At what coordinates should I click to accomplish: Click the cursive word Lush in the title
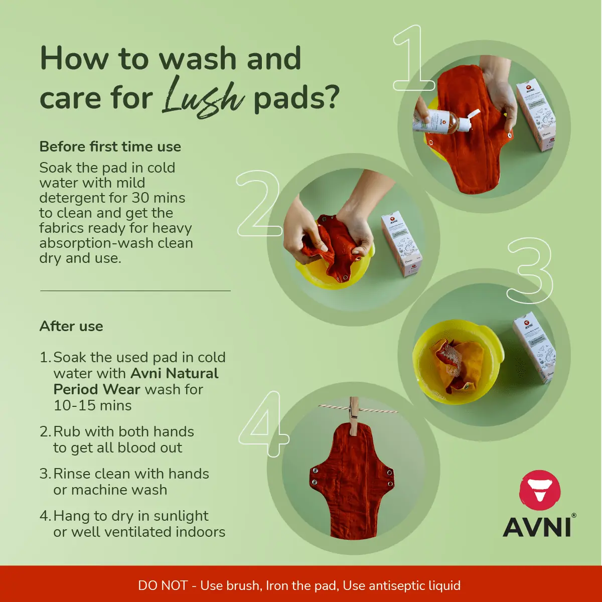(x=203, y=96)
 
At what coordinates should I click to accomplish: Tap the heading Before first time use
(x=110, y=146)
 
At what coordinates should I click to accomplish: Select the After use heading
(x=71, y=326)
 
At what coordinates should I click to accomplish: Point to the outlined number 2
(x=258, y=204)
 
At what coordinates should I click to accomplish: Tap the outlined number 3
(x=529, y=271)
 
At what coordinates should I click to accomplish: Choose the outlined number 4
(x=263, y=424)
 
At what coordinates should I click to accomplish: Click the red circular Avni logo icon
(x=539, y=490)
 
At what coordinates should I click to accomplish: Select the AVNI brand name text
(x=537, y=526)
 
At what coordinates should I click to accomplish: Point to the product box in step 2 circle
(x=401, y=243)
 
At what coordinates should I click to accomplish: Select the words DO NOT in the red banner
(x=163, y=585)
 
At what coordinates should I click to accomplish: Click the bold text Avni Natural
(x=174, y=373)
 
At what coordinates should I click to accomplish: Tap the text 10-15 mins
(x=93, y=405)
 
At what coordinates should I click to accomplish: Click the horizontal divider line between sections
(x=135, y=290)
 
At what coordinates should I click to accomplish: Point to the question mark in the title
(x=330, y=96)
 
